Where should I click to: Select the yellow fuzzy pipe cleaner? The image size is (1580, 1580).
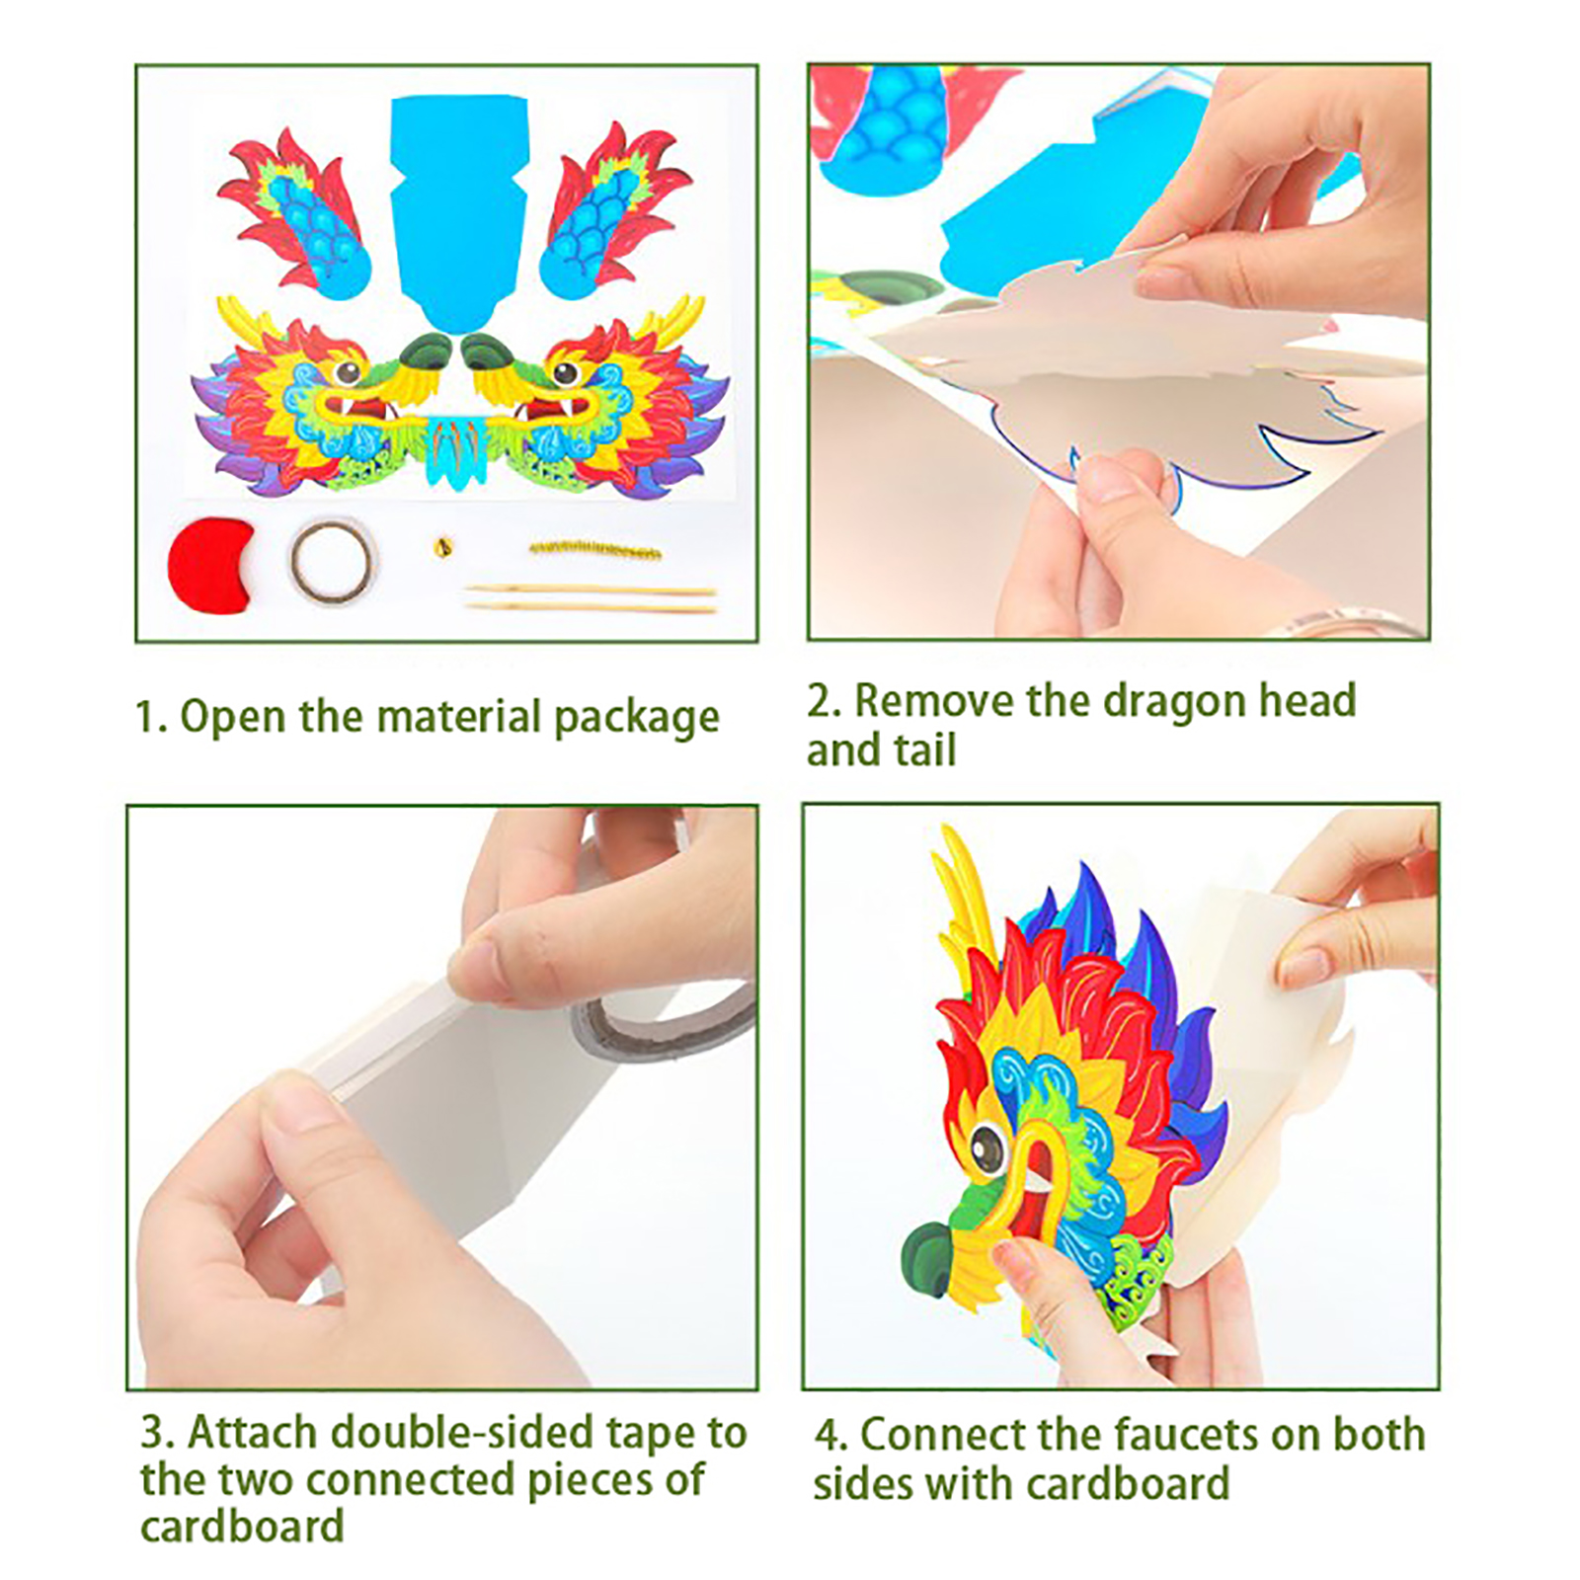pyautogui.click(x=595, y=549)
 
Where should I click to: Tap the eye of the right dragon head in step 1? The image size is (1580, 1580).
pyautogui.click(x=566, y=372)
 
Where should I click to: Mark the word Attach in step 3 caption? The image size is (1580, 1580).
pyautogui.click(x=253, y=1433)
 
